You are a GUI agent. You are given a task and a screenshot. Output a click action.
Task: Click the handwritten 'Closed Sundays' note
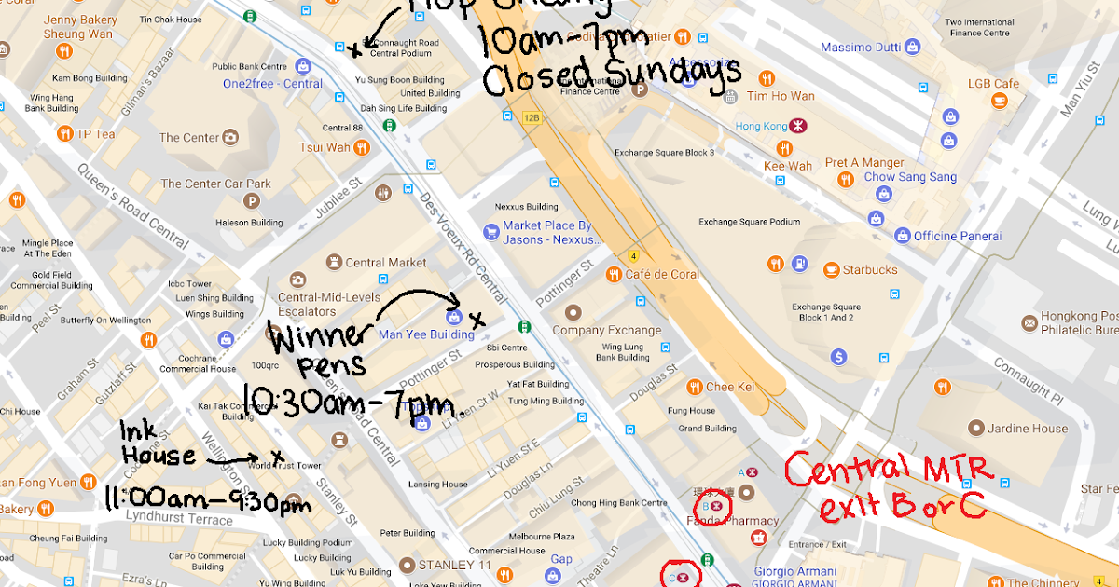[x=611, y=75]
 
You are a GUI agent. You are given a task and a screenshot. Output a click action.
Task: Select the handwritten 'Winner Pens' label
[x=312, y=347]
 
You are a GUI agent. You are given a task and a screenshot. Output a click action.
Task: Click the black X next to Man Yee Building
[x=477, y=321]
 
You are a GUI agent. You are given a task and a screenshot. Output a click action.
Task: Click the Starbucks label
[x=869, y=270]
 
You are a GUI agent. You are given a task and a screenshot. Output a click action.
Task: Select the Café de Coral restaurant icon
[x=613, y=274]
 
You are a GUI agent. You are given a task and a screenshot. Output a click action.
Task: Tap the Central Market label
[x=386, y=263]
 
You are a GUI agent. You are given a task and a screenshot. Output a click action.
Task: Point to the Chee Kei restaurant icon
[x=694, y=387]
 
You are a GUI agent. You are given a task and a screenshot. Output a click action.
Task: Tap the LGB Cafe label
[x=992, y=84]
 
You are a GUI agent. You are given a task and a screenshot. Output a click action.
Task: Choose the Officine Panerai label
[x=957, y=236]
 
